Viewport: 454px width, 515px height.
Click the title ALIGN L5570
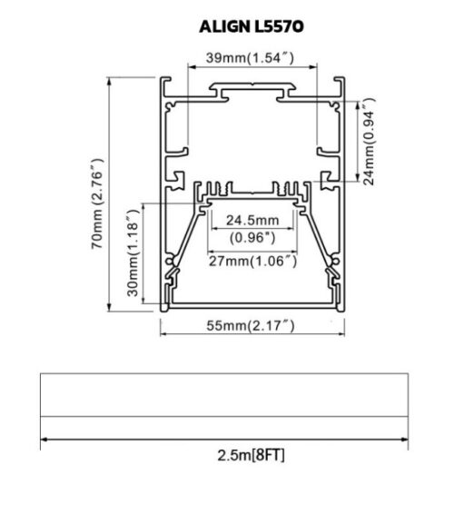(x=252, y=26)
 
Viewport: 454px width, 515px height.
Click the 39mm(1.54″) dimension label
(x=250, y=58)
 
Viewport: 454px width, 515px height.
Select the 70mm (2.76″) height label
(x=97, y=203)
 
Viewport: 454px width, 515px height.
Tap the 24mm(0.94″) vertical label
(x=369, y=142)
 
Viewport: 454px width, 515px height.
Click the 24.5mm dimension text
(x=252, y=220)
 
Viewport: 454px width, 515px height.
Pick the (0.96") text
(x=252, y=237)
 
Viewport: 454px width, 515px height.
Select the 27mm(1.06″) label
(x=253, y=262)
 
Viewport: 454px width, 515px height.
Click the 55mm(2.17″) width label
(x=251, y=326)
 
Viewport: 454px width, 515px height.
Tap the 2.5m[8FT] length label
(x=252, y=455)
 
